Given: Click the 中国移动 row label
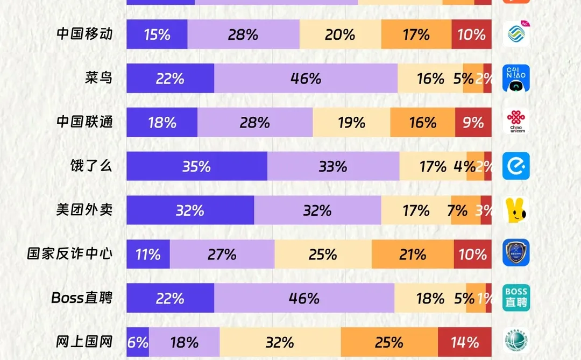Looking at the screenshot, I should click(x=84, y=34).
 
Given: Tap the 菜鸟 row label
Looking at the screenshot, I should click(x=98, y=78).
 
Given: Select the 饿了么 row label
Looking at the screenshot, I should click(x=84, y=166).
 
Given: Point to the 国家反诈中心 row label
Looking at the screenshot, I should click(x=70, y=254).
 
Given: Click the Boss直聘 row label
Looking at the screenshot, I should click(x=82, y=298).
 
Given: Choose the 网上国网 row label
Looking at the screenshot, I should click(x=84, y=342).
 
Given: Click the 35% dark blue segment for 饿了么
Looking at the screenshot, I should click(x=197, y=166).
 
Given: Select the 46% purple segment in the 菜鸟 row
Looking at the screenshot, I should click(x=306, y=79).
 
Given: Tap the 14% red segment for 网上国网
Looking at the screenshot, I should click(x=465, y=342).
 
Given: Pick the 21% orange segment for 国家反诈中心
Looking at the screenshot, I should click(x=413, y=254).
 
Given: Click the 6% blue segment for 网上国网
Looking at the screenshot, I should click(x=138, y=342).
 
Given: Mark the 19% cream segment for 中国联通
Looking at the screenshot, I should click(x=351, y=122).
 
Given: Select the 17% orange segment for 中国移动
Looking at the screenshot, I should click(x=416, y=34).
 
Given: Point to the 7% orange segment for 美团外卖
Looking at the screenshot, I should click(x=459, y=210).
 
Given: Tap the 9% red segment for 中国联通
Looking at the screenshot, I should click(x=473, y=122).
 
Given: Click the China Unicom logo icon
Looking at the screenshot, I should click(x=516, y=122).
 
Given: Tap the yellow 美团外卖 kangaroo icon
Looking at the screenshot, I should click(x=516, y=210).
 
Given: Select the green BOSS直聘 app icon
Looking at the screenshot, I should click(x=516, y=298).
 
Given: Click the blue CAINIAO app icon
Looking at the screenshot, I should click(x=516, y=79).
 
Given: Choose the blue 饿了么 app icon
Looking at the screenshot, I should click(x=516, y=166).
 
